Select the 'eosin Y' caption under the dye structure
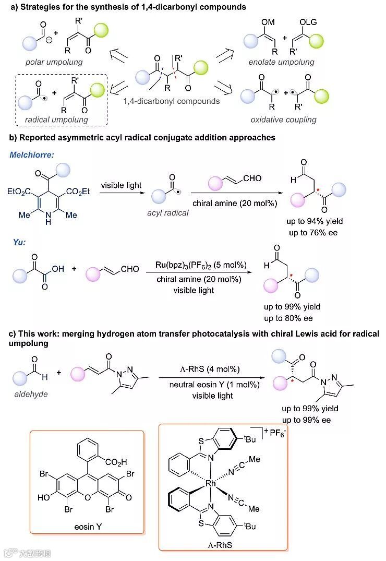point(88,527)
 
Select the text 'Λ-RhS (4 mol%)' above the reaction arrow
point(206,369)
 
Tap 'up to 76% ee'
point(312,232)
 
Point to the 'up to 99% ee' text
point(307,420)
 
